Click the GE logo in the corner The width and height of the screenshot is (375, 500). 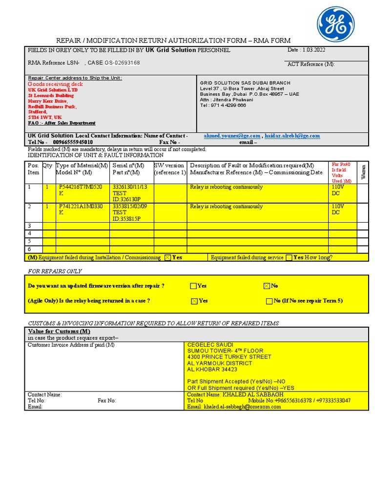coord(336,24)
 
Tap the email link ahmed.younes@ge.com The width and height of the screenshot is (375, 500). coord(232,136)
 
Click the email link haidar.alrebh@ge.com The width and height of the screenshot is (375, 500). coord(292,136)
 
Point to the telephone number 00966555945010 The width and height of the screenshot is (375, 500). coord(73,142)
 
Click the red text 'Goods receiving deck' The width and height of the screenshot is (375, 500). coord(55,84)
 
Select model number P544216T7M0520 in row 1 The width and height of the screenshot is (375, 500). coord(81,187)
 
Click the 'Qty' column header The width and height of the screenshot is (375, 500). coord(47,166)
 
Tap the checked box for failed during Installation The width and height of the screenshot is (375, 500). coord(168,257)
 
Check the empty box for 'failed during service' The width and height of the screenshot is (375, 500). coord(289,257)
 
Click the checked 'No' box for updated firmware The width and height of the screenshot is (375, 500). coord(267,286)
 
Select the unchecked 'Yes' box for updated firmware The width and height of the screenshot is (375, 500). coord(194,286)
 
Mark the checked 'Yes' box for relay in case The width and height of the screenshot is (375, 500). coord(194,301)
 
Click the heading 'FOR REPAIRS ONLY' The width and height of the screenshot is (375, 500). coord(55,271)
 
